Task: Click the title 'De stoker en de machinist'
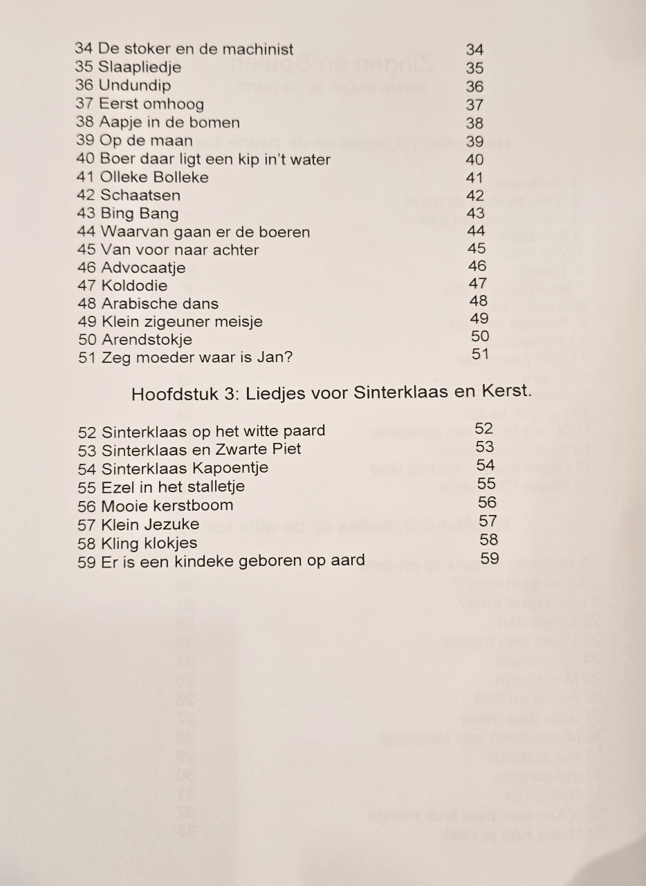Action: coord(196,49)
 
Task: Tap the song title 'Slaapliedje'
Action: coord(140,68)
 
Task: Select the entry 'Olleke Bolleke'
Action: coord(154,177)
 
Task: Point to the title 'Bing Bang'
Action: coord(139,214)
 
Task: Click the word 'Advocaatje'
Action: coord(143,267)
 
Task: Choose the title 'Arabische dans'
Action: coord(160,303)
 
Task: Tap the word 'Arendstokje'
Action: coord(147,340)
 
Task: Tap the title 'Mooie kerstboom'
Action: coord(167,505)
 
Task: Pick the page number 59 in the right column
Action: coord(489,558)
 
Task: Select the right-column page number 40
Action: coord(474,159)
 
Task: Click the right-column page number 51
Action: coord(480,354)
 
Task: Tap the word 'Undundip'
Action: coord(135,86)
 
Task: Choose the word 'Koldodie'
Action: coord(134,285)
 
